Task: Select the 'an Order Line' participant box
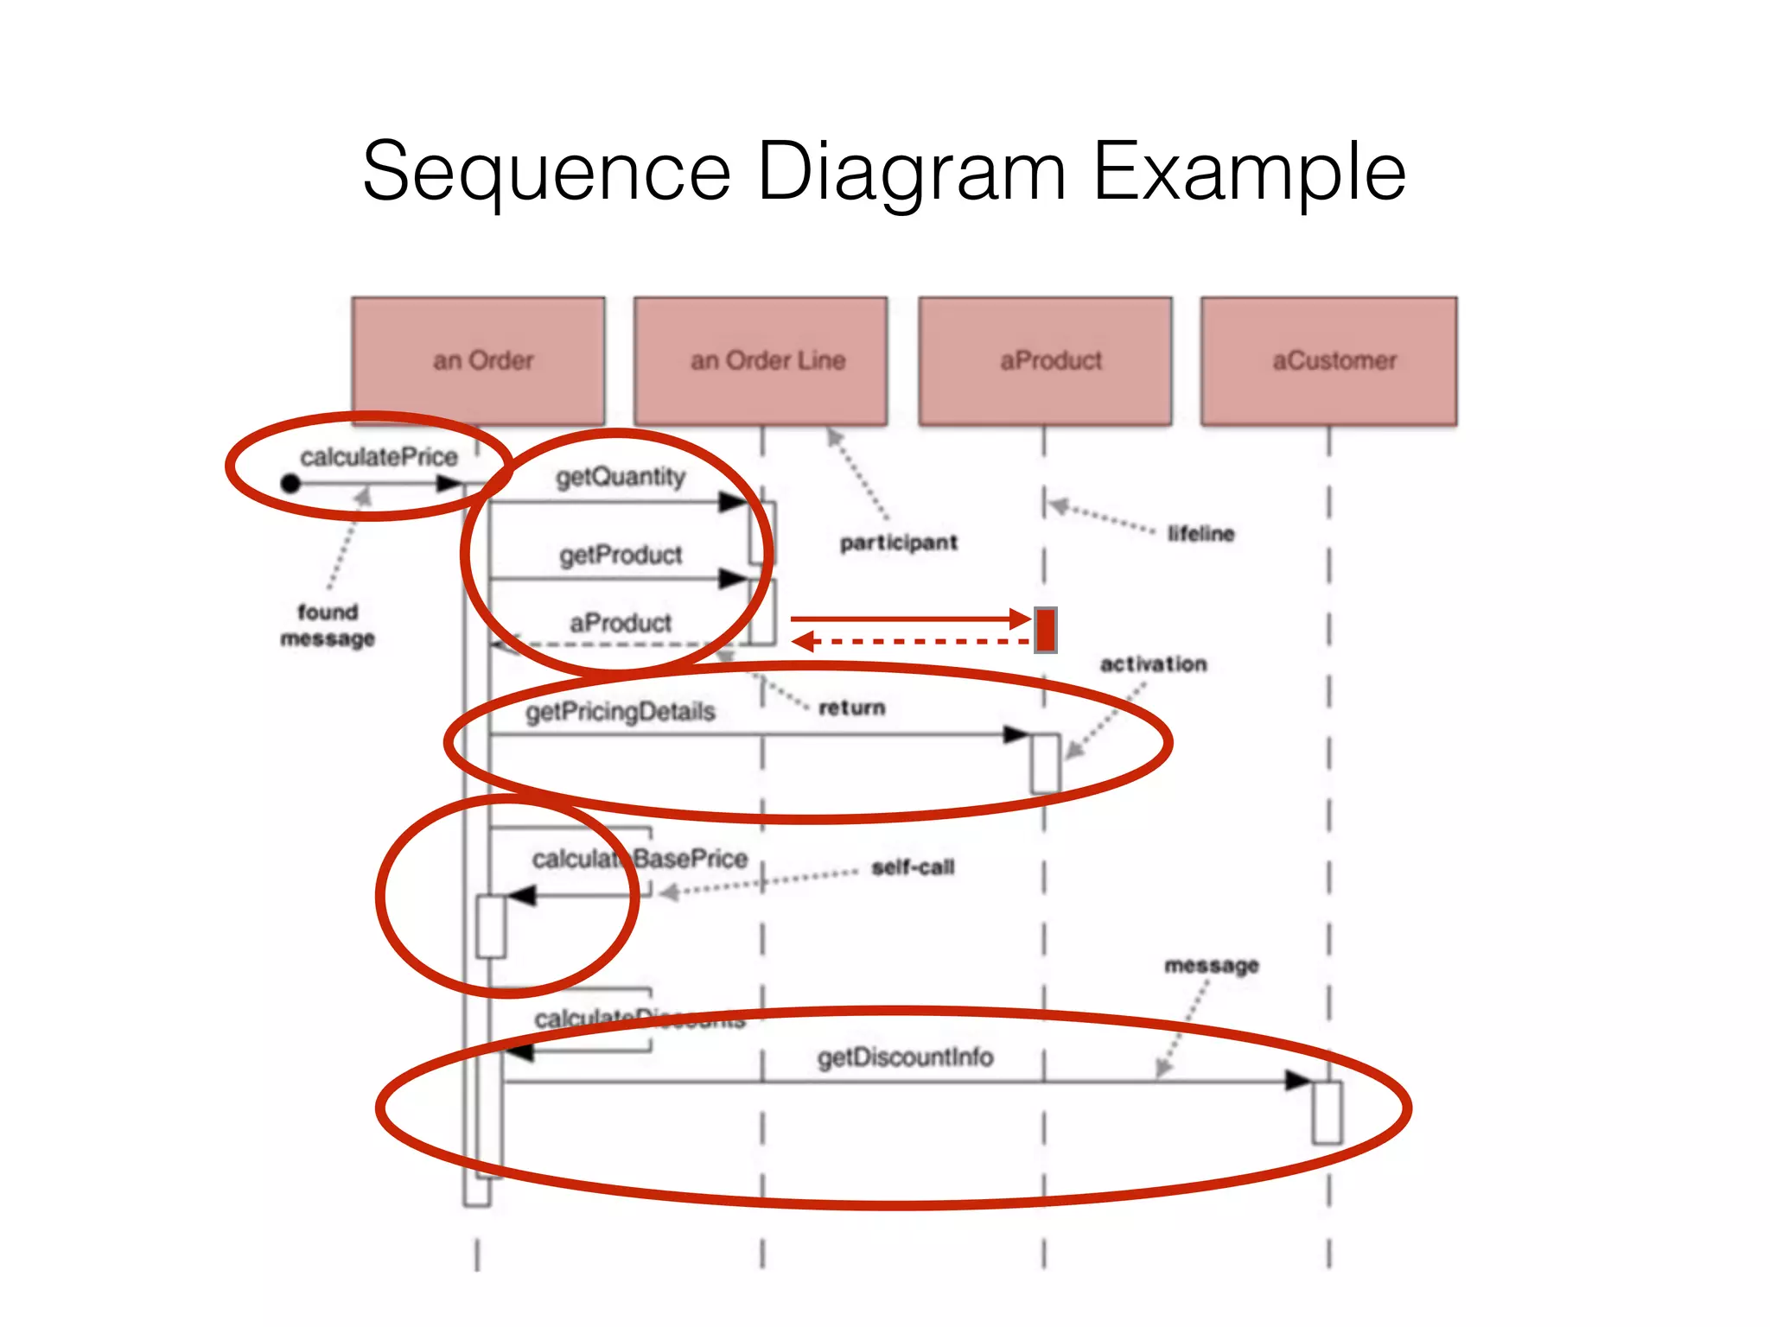pos(761,361)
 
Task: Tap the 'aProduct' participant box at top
pos(1045,361)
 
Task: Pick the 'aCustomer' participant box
pos(1329,361)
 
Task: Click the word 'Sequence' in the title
pos(546,173)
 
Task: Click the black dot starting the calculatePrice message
pos(290,484)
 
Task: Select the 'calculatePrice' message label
pos(379,457)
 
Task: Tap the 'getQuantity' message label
pos(620,477)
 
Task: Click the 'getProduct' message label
pos(621,555)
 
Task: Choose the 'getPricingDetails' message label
pos(621,712)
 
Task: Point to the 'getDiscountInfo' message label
pos(905,1057)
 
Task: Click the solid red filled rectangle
pos(1046,630)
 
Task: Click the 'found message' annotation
pos(328,625)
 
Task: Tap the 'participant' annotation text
pos(899,543)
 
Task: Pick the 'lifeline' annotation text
pos(1200,534)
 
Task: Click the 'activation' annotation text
pos(1153,664)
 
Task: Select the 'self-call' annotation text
pos(913,867)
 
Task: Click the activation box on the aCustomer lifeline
pos(1327,1112)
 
